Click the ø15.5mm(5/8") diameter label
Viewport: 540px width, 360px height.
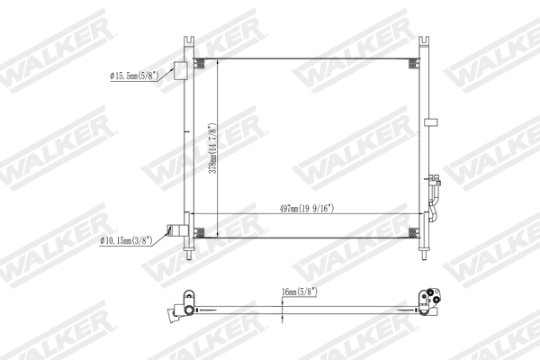pos(134,77)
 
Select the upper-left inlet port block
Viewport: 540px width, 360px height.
pos(180,71)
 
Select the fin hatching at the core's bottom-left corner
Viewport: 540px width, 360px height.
pos(203,232)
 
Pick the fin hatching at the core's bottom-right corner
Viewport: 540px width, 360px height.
pos(413,232)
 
